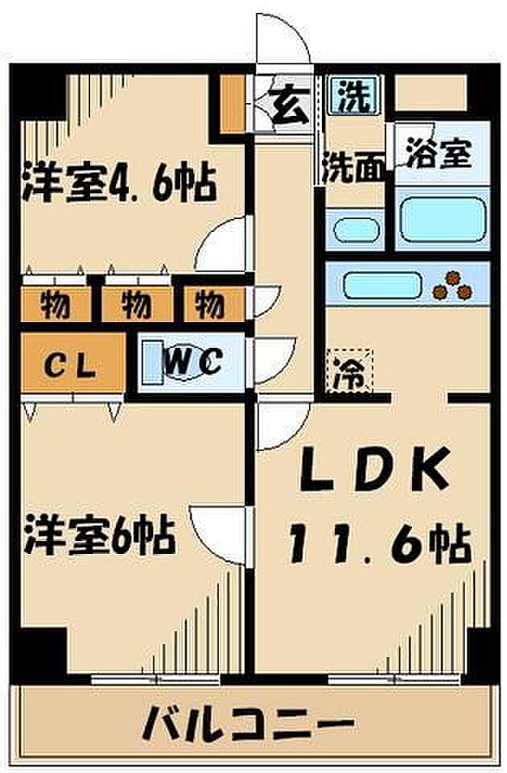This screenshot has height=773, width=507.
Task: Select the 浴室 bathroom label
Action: tap(439, 155)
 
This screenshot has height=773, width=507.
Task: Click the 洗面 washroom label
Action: tap(354, 167)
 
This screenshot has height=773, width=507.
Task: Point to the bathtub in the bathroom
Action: tap(442, 219)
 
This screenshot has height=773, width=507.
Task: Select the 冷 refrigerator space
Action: tap(349, 370)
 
